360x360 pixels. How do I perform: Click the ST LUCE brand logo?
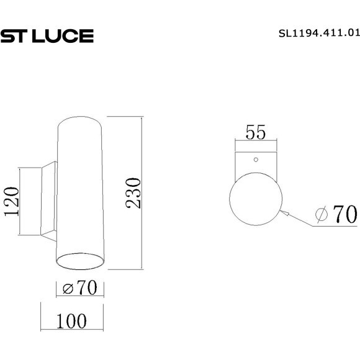(x=47, y=37)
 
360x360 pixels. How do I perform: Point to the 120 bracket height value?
(x=12, y=202)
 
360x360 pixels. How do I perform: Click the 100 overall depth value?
(x=71, y=321)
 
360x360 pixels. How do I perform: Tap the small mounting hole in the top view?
(x=255, y=159)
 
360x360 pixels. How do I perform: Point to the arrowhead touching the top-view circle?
(x=284, y=212)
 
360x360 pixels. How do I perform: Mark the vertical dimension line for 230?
(x=143, y=193)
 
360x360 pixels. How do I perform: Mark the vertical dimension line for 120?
(x=21, y=201)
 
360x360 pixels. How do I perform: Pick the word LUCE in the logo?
(x=61, y=37)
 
